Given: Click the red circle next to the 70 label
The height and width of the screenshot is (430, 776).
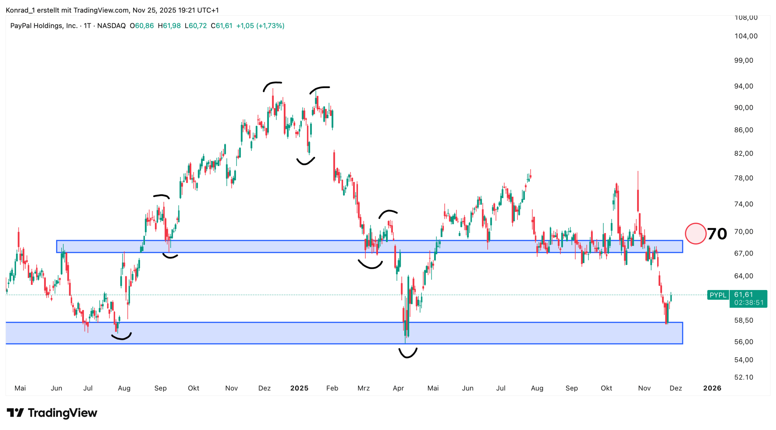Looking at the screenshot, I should [x=695, y=234].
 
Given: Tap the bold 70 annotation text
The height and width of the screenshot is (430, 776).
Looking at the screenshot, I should [x=717, y=234].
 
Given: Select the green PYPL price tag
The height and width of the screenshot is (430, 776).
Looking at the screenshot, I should [x=717, y=295].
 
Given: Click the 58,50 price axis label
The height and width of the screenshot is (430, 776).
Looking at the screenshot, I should [x=743, y=321].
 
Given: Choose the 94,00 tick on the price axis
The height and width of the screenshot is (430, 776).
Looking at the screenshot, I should [x=743, y=86].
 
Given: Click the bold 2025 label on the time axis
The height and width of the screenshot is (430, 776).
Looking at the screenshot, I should [x=299, y=388].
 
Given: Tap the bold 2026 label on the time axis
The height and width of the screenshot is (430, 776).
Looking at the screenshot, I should [x=712, y=388].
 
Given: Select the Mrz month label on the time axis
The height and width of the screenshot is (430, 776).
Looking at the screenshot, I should [x=363, y=388].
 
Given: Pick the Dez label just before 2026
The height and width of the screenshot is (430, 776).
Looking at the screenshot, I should [x=675, y=388].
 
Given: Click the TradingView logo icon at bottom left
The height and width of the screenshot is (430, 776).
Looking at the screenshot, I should [x=15, y=413].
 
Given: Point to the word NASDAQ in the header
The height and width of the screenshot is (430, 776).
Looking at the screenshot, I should [x=111, y=26].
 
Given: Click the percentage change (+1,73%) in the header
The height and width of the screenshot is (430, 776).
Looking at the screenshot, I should [x=270, y=26].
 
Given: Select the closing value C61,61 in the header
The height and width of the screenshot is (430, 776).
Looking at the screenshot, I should [x=222, y=26].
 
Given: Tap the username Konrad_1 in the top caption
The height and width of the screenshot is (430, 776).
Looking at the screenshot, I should [x=20, y=10].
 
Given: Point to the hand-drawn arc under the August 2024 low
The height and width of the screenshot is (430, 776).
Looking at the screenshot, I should [x=122, y=337].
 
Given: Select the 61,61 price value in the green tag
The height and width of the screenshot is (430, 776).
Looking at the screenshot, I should [x=743, y=295].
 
